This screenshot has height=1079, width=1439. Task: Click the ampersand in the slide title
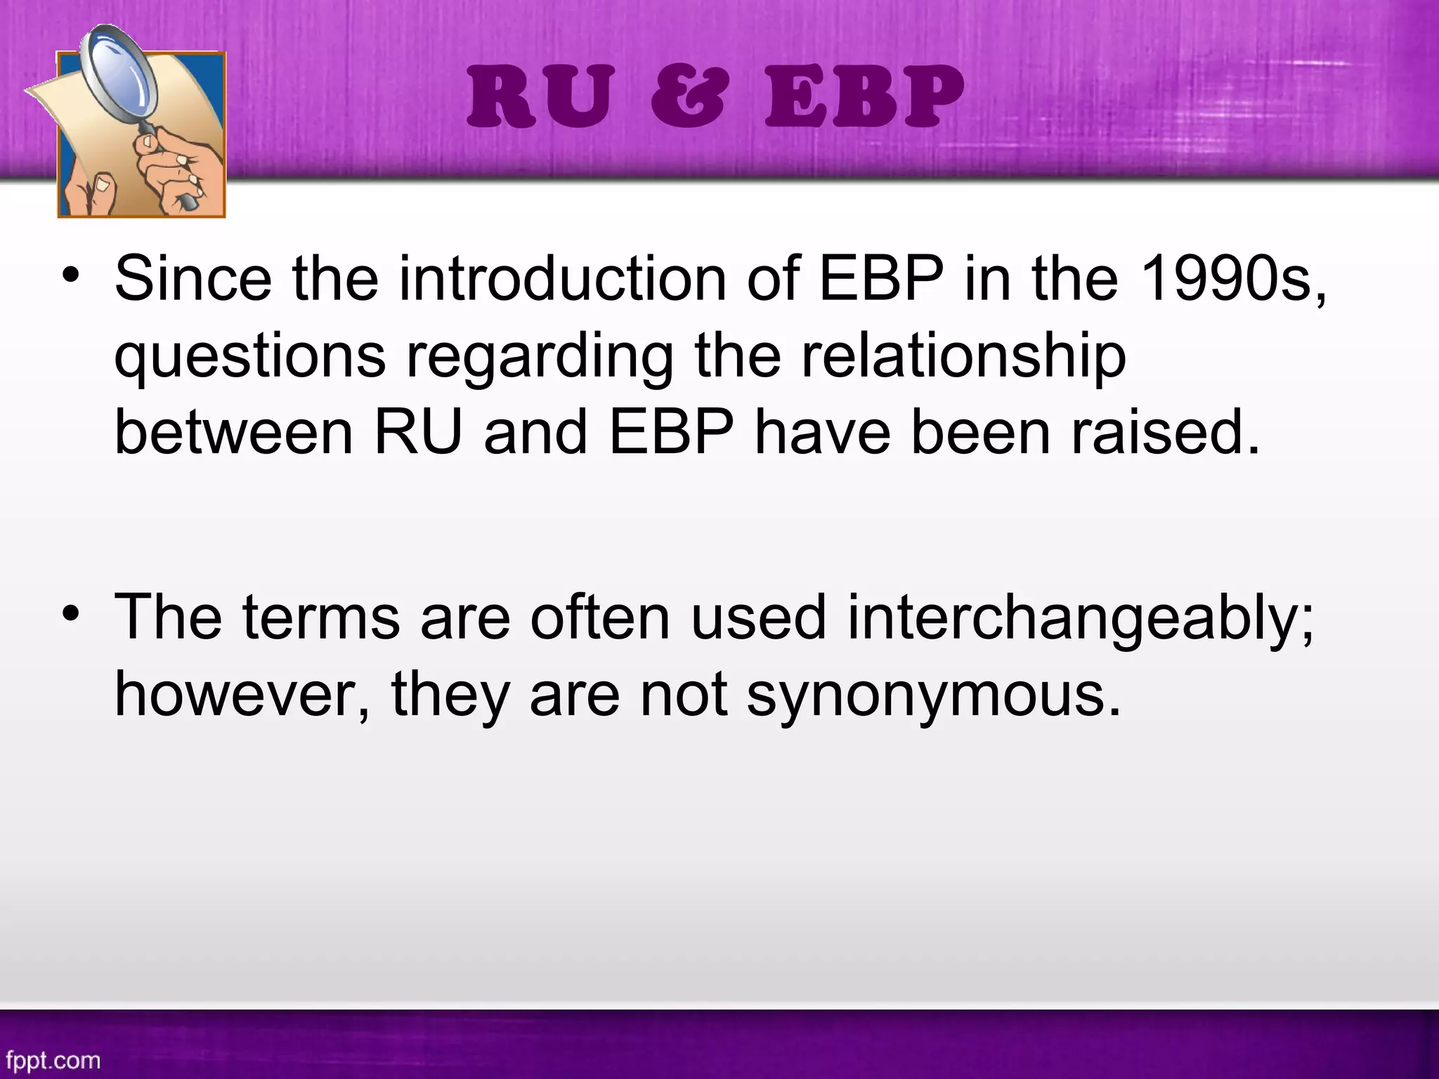click(x=687, y=98)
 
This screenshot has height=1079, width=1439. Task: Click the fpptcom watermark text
click(x=53, y=1059)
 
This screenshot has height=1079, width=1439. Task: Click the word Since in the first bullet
click(x=193, y=279)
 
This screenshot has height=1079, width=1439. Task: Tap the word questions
click(x=250, y=357)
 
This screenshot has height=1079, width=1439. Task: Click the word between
click(x=233, y=433)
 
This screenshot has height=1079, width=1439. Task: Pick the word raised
click(x=1166, y=433)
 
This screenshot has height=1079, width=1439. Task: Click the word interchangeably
click(x=1080, y=619)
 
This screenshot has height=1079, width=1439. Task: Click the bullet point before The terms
click(x=70, y=613)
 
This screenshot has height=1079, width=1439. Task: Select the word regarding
click(x=539, y=357)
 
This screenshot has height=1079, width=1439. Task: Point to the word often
click(x=600, y=617)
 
